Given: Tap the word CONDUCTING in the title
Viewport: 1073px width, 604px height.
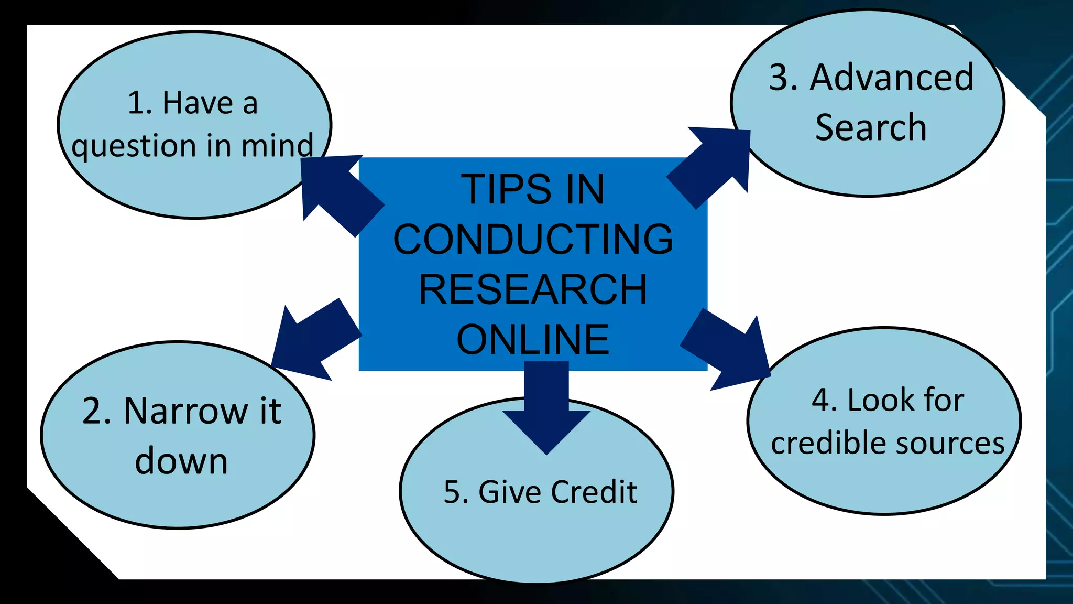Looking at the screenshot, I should point(533,240).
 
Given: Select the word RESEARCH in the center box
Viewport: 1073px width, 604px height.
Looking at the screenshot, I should point(533,289).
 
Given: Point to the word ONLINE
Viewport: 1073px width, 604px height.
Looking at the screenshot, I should point(533,340).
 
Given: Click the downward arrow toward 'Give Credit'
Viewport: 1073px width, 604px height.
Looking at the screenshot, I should point(546,409).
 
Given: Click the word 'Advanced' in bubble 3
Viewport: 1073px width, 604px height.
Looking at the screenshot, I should point(892,78).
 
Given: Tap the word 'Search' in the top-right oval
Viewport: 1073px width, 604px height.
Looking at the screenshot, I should point(871,127).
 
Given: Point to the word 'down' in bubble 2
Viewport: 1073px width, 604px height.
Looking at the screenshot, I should point(181,461).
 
